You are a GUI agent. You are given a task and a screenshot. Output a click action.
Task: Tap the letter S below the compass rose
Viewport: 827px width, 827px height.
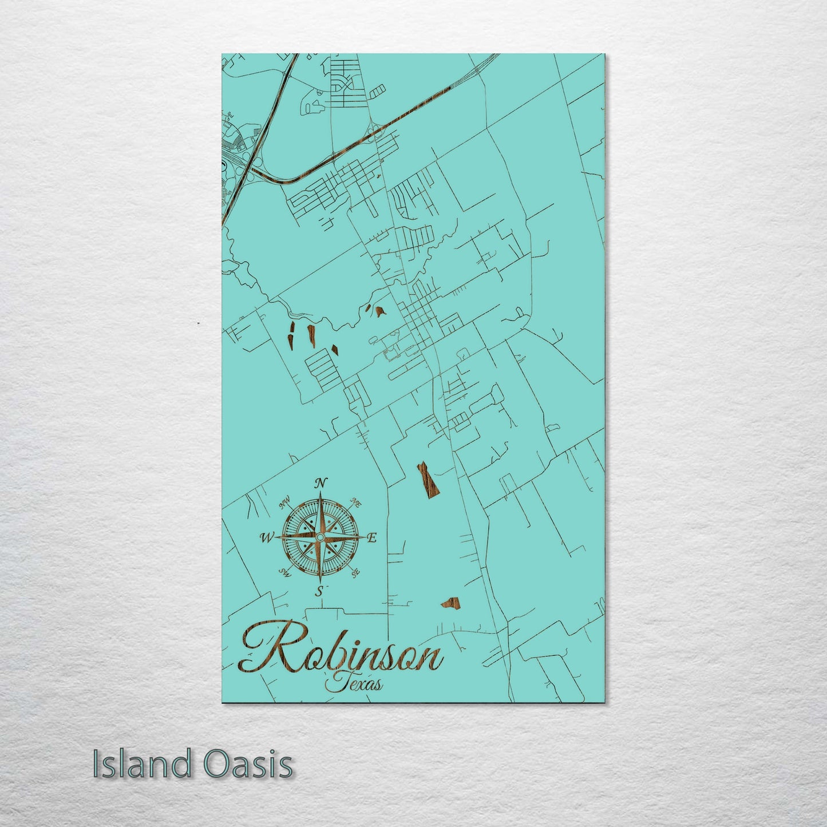point(320,591)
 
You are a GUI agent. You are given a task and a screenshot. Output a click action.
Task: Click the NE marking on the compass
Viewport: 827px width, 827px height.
point(355,503)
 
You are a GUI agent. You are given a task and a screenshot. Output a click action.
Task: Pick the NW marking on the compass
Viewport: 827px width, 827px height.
point(284,504)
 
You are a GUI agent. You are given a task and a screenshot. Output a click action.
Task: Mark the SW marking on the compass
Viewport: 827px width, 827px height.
point(283,572)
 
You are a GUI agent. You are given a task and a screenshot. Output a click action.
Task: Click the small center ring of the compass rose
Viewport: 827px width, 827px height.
point(319,537)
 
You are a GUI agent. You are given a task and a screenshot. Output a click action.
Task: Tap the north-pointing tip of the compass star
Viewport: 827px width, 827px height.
point(320,493)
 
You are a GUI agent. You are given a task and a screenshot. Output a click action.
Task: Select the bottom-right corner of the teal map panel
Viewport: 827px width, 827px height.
point(606,703)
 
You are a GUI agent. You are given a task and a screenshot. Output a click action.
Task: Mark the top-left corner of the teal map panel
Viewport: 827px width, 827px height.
point(222,54)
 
